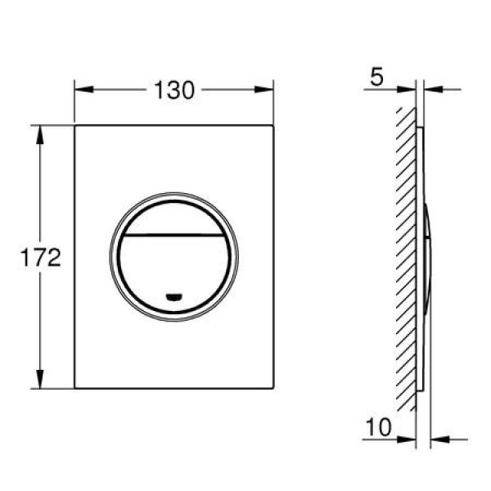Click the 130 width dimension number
pyautogui.click(x=173, y=91)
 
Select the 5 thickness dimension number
pyautogui.click(x=376, y=79)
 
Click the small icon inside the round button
pyautogui.click(x=173, y=295)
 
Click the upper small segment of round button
pyautogui.click(x=173, y=216)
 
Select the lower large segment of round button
pyautogui.click(x=173, y=266)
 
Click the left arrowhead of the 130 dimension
pyautogui.click(x=80, y=90)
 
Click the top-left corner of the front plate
pyautogui.click(x=75, y=125)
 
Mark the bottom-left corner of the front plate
pyautogui.click(x=75, y=388)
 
